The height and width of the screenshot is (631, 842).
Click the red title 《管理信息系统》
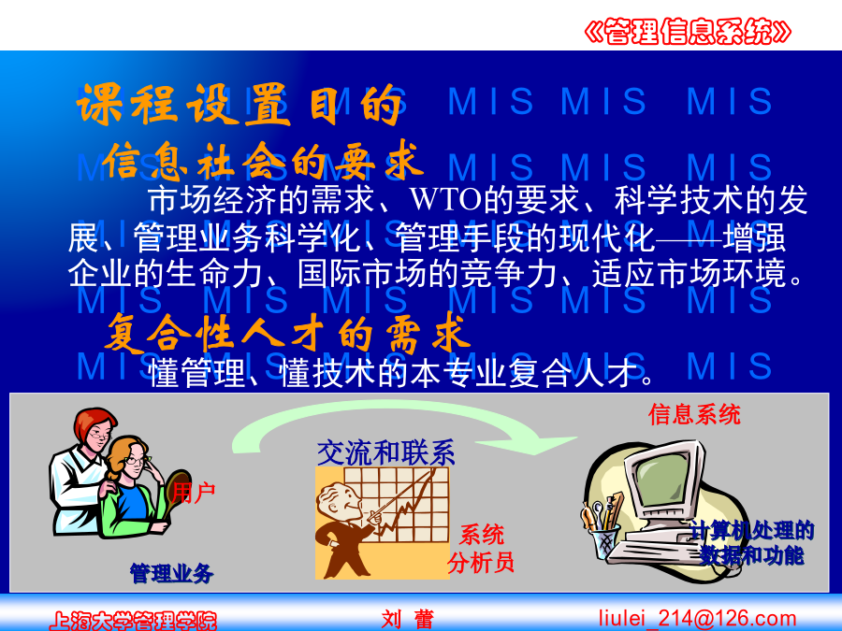(x=688, y=31)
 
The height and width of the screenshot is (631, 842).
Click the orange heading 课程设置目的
(x=240, y=105)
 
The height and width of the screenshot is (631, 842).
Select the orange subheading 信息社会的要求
(x=262, y=161)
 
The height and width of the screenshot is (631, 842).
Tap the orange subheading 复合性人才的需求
(x=287, y=333)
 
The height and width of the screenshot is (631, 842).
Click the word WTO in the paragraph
(x=445, y=200)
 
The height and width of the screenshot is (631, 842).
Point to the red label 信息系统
(x=694, y=414)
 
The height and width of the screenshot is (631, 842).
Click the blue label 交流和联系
(x=385, y=452)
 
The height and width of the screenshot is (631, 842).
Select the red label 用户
(x=194, y=493)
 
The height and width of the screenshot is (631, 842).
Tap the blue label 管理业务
(x=172, y=574)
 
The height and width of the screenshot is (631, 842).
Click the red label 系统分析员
(x=481, y=549)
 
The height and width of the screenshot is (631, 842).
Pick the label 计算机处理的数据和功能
(x=752, y=543)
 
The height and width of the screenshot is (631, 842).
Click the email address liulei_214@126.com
(x=698, y=619)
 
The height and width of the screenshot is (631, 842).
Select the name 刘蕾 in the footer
(x=408, y=620)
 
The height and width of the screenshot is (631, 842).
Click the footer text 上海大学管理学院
(x=133, y=622)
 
